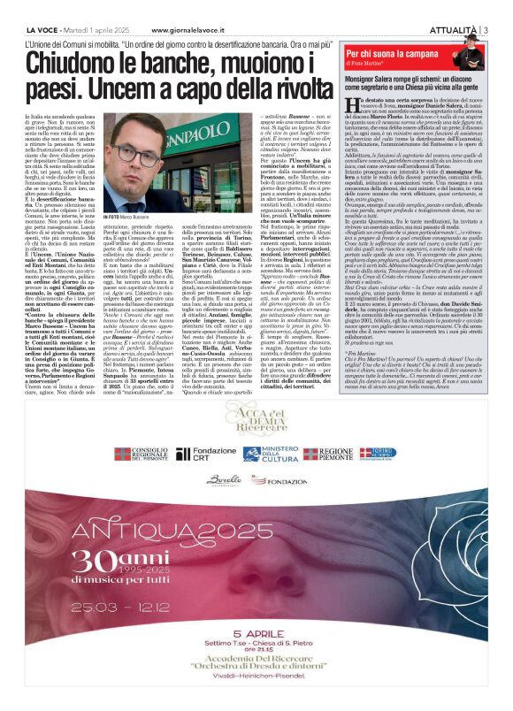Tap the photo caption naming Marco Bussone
coord(104,215)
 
